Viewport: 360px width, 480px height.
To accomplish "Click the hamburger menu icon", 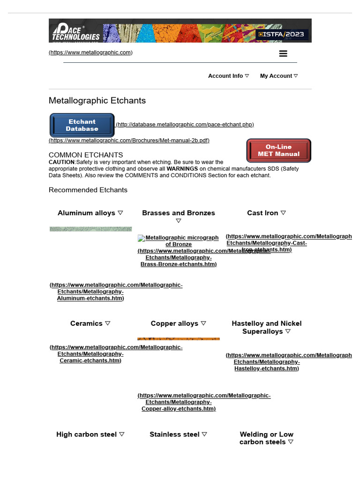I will tap(283, 53).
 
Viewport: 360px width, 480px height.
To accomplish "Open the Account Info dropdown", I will tap(228, 76).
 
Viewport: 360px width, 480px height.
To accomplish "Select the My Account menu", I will tap(278, 76).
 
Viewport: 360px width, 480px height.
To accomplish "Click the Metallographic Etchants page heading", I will tap(97, 101).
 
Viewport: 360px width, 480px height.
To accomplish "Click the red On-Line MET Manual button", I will tap(278, 150).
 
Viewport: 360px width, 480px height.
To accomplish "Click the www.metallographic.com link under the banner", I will tap(90, 52).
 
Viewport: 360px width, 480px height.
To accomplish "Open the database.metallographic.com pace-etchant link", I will tap(185, 125).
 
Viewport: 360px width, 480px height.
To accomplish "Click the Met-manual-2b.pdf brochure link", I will tap(129, 140).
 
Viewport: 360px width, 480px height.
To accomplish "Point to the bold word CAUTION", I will tap(61, 162).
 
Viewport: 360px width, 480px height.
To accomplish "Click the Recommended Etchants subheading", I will tap(88, 190).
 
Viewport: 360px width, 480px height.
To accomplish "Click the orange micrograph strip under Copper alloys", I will tap(178, 338).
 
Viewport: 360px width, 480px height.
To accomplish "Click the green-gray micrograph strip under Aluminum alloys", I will tap(90, 229).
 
